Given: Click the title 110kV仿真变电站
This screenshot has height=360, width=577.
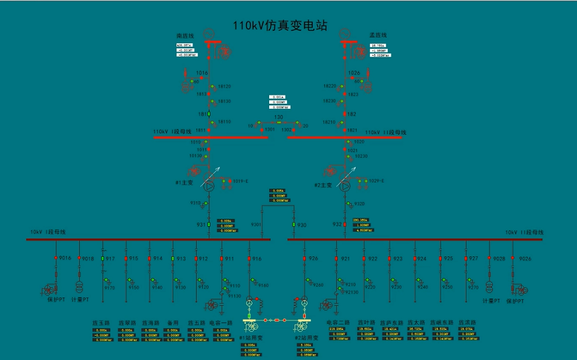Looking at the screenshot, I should tap(279, 25).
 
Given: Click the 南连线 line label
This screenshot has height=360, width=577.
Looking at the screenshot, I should tap(186, 35).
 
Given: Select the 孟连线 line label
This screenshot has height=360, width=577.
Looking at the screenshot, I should tap(378, 35).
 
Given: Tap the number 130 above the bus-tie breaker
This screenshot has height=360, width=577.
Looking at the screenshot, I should tap(278, 117).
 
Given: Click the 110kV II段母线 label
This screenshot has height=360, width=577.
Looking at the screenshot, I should tap(385, 132).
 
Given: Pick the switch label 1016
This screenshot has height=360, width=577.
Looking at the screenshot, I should tap(202, 73).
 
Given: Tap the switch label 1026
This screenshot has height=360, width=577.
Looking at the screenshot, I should tap(353, 73).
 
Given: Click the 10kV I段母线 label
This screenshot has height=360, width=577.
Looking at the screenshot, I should tap(47, 232).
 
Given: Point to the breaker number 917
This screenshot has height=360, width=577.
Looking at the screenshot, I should tap(110, 258).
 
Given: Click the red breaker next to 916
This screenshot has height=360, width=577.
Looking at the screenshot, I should tap(250, 258).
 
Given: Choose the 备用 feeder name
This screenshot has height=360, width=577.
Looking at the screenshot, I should tap(173, 322).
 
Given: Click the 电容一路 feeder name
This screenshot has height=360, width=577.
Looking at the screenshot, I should tap(220, 322).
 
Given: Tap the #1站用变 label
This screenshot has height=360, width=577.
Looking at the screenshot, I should tap(250, 338).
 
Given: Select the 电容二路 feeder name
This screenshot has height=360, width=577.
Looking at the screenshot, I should tap(337, 322).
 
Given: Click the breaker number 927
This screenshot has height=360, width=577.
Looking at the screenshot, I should tap(474, 258).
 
